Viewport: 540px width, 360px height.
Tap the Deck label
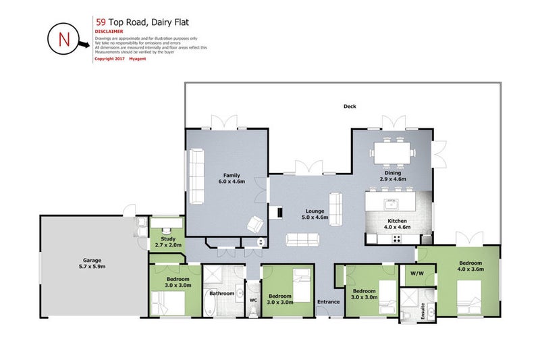coord(349,106)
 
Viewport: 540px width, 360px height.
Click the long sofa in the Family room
coord(197,177)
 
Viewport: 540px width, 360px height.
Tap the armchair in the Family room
coord(255,224)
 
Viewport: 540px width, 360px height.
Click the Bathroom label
coord(221,293)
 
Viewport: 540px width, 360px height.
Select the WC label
coord(254,300)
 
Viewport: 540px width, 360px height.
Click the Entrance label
coord(329,301)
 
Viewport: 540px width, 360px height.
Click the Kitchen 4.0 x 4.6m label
coord(396,224)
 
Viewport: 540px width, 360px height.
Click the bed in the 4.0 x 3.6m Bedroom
coord(470,295)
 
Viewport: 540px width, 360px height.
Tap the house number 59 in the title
coord(101,20)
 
